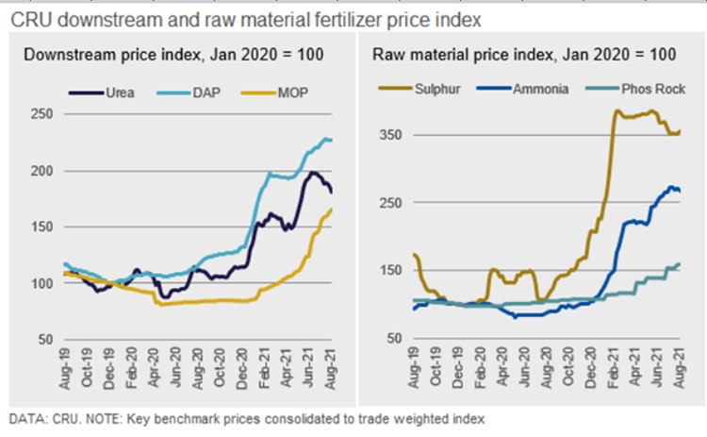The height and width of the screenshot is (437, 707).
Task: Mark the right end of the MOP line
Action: coord(331,210)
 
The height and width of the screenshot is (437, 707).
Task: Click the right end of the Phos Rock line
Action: coord(680,264)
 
